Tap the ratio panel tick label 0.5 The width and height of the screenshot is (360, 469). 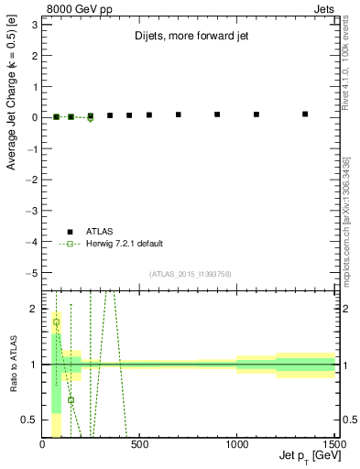[30, 420]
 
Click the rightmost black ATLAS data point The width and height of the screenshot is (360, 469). [305, 115]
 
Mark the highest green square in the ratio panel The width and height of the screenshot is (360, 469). [57, 322]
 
